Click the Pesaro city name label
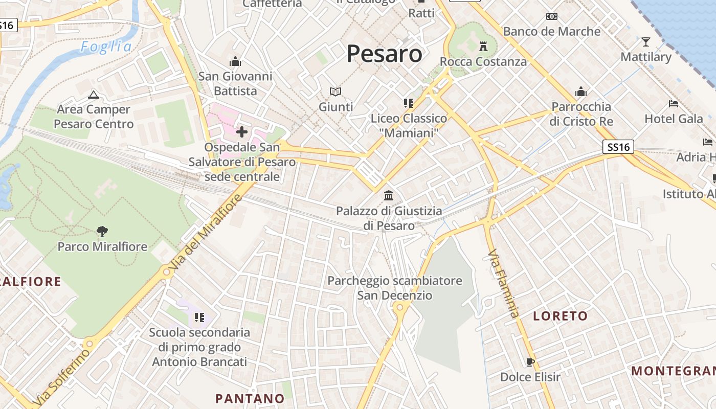point(385,54)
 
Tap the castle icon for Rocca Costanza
point(483,47)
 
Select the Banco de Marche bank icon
point(552,16)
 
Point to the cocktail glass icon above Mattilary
point(646,41)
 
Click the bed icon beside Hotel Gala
point(674,103)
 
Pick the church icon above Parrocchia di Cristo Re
point(580,92)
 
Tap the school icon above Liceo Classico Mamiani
point(408,103)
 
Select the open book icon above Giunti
point(335,92)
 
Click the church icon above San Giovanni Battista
point(235,62)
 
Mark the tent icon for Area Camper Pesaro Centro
point(93,95)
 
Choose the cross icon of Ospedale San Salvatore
point(242,132)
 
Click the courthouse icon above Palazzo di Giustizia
point(389,196)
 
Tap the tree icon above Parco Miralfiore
point(102,232)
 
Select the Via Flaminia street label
point(503,283)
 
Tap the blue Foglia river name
point(106,47)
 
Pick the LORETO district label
point(561,316)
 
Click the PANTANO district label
point(250,398)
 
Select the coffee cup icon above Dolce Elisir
point(530,362)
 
